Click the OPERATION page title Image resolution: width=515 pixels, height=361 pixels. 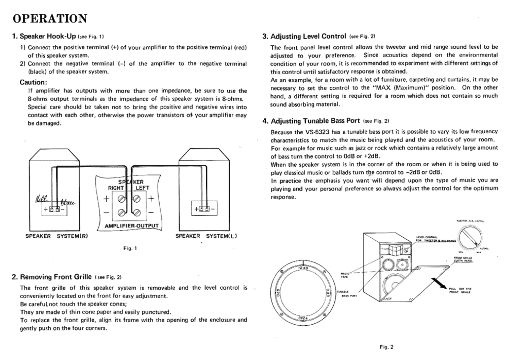coord(50,18)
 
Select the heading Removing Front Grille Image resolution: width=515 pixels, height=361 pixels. coord(56,277)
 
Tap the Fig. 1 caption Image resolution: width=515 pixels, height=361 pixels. coord(130,248)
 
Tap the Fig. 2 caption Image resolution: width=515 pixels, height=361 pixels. coord(386,347)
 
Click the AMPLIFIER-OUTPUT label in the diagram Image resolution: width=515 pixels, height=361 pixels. coord(132,226)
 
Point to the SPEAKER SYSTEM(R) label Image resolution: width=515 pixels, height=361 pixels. coord(57,236)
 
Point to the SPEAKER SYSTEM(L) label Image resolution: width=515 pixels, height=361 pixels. coord(206,236)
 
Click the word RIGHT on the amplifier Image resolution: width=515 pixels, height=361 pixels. coord(116,188)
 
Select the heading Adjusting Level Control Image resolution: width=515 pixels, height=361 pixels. coord(308,36)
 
